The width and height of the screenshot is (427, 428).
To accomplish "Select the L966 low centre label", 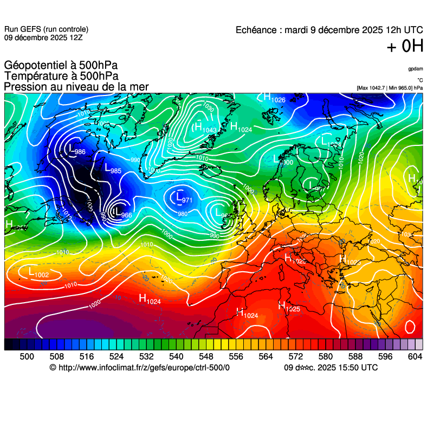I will point(122,213).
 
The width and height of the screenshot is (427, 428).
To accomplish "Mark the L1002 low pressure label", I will point(38,273).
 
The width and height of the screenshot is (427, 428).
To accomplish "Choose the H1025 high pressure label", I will point(289,307).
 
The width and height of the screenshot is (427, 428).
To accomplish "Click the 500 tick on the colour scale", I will point(27,356).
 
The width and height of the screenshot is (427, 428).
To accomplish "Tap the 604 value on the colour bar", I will point(415,356).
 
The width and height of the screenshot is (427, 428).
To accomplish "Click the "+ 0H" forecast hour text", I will point(404,47).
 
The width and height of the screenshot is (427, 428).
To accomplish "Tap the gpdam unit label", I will point(415,69).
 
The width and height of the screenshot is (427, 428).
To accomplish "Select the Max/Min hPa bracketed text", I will point(390,87).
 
